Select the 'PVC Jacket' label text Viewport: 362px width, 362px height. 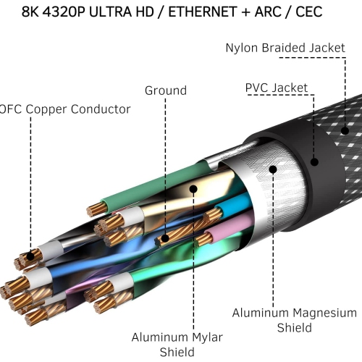pyautogui.click(x=276, y=88)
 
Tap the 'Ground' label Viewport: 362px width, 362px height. pyautogui.click(x=165, y=91)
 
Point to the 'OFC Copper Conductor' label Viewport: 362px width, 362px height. pyautogui.click(x=65, y=109)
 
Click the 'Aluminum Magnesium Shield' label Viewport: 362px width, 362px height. pyautogui.click(x=294, y=320)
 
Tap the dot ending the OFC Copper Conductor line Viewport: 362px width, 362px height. pyautogui.click(x=31, y=256)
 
